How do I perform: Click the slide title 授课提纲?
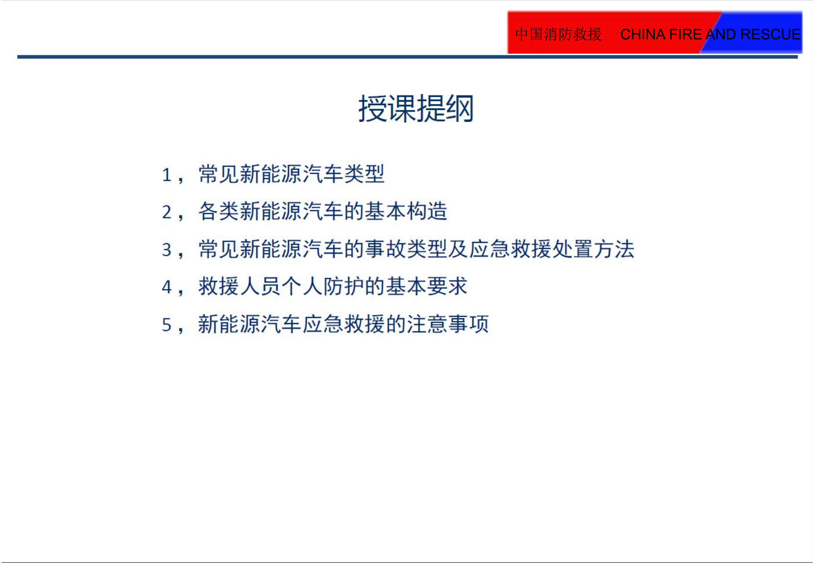pyautogui.click(x=416, y=109)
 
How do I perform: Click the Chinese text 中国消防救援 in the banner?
pyautogui.click(x=558, y=35)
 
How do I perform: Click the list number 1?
pyautogui.click(x=167, y=175)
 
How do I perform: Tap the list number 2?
pyautogui.click(x=167, y=212)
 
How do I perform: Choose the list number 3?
pyautogui.click(x=167, y=250)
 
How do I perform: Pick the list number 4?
pyautogui.click(x=167, y=288)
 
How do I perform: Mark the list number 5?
pyautogui.click(x=167, y=325)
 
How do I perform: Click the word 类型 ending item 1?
pyautogui.click(x=364, y=174)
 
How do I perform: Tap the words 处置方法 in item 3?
pyautogui.click(x=593, y=249)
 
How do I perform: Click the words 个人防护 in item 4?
pyautogui.click(x=323, y=287)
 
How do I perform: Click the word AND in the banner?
pyautogui.click(x=721, y=35)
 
